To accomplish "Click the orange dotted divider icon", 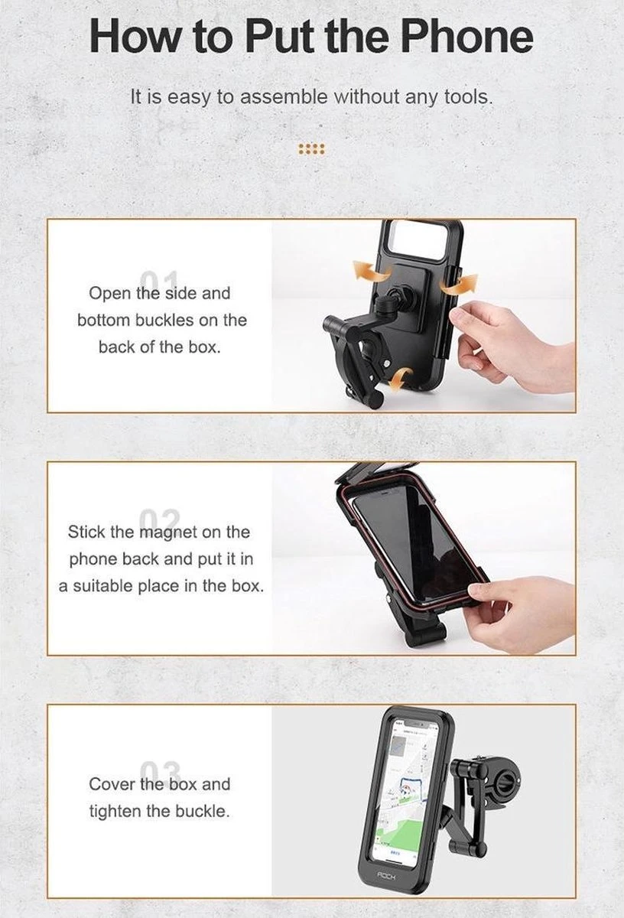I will pyautogui.click(x=311, y=148).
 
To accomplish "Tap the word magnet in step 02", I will pyautogui.click(x=168, y=532).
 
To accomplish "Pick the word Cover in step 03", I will pyautogui.click(x=112, y=784).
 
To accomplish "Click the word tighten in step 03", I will pyautogui.click(x=115, y=811).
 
